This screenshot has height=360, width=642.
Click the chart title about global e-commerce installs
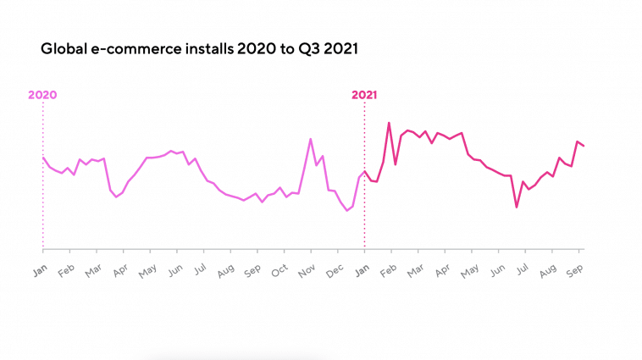[199, 49]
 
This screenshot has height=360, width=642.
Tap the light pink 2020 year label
[42, 95]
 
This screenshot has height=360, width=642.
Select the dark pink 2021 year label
[364, 95]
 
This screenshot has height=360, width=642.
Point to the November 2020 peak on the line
[311, 139]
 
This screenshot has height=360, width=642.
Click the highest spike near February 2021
[389, 123]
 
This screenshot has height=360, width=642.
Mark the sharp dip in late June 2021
[516, 207]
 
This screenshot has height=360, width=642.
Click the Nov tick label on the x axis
[307, 270]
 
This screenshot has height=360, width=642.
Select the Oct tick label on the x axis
[279, 270]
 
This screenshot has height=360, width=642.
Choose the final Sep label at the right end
[573, 270]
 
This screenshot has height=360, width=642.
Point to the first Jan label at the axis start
[39, 270]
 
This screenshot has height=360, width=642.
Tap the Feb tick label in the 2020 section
[65, 270]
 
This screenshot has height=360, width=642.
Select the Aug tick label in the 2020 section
[225, 270]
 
